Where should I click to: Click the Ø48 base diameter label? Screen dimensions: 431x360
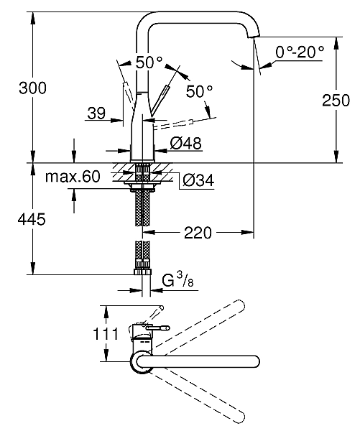[x=187, y=143]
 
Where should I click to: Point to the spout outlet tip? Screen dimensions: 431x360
[x=254, y=37]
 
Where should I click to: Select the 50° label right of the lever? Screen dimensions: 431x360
[x=199, y=91]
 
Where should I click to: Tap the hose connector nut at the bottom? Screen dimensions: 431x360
[x=141, y=272]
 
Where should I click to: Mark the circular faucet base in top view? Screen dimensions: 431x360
[x=141, y=363]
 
